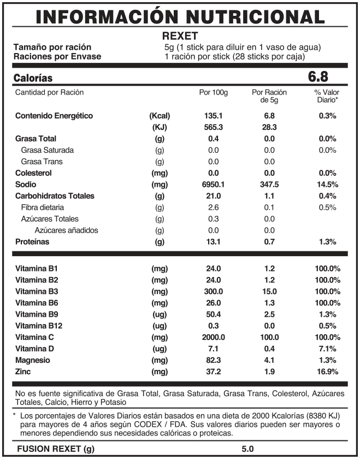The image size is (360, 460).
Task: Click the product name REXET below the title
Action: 180,36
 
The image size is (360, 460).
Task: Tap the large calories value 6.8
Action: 318,76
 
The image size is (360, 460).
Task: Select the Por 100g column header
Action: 213,92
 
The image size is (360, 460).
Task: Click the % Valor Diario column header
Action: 327,96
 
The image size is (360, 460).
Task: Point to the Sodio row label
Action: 26,184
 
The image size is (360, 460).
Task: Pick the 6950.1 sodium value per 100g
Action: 213,184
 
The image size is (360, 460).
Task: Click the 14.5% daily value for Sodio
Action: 327,184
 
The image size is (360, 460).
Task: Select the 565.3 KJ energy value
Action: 213,127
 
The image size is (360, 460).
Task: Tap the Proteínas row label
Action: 32,241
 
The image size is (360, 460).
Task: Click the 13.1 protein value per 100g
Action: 213,241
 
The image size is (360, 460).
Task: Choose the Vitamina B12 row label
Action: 39,326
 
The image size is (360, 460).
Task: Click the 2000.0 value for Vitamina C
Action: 213,337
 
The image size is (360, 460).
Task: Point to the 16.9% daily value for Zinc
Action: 327,371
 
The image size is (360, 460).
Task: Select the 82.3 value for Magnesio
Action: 213,360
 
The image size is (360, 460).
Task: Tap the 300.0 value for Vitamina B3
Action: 213,291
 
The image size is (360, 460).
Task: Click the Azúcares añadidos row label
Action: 66,231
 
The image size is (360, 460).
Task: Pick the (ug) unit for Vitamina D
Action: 160,349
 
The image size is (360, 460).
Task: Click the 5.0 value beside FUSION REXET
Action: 247,449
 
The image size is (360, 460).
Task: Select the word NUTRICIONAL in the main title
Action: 255,17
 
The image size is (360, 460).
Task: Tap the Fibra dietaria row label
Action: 43,208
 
